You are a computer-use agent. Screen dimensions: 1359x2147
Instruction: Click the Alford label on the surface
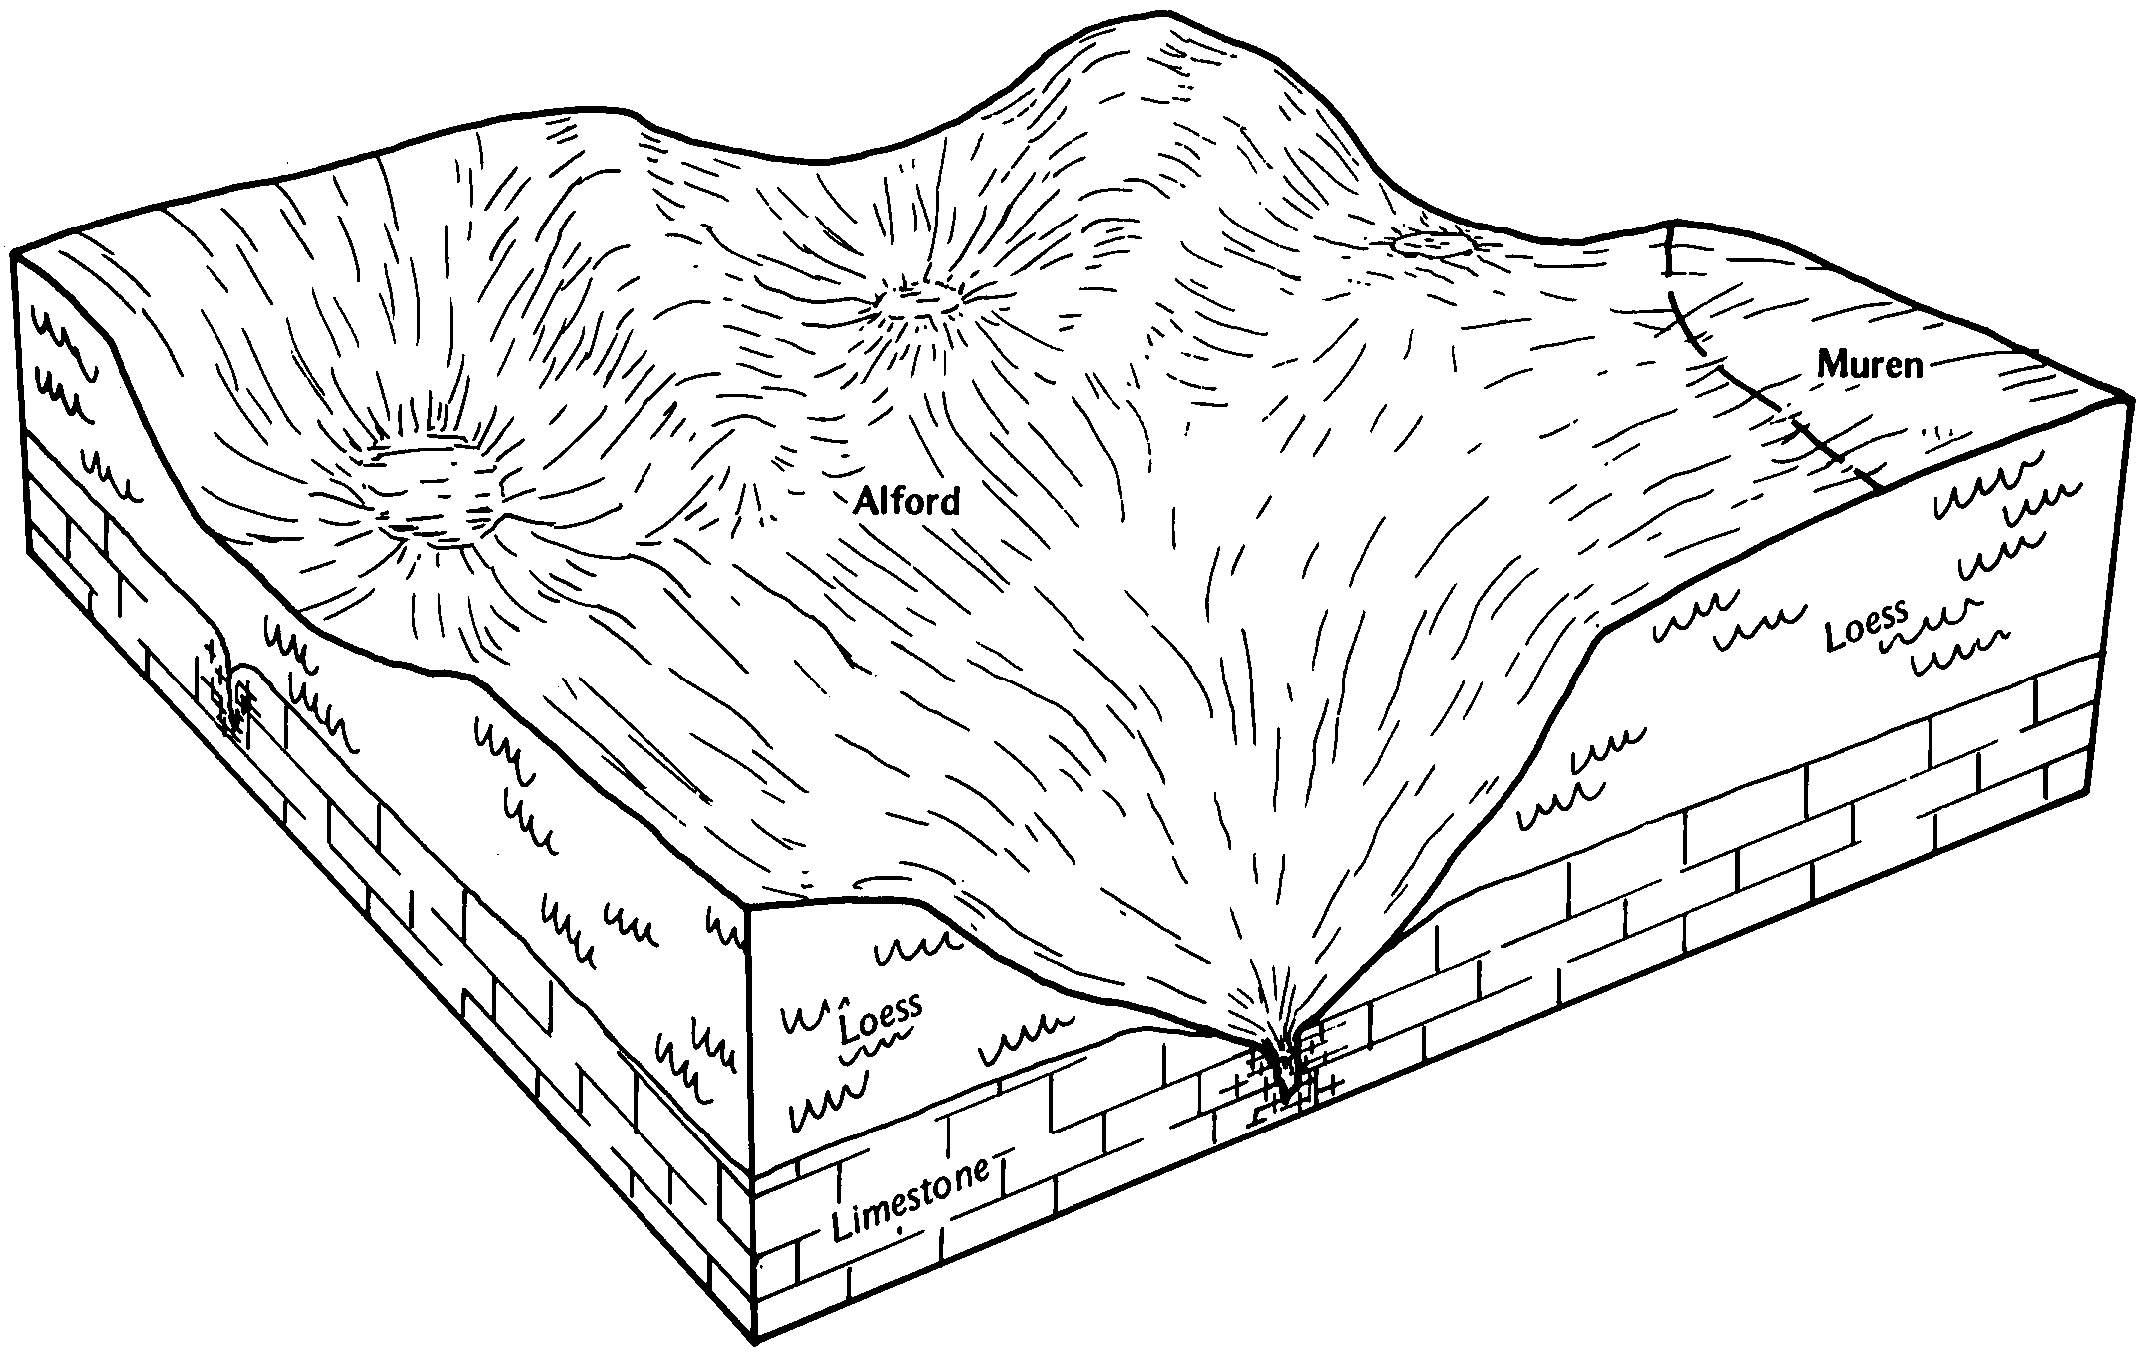point(906,501)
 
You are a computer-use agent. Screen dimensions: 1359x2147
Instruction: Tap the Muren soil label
point(1869,365)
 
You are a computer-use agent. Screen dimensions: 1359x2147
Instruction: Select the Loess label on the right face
point(1866,623)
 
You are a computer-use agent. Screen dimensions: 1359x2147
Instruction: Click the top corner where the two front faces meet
point(748,910)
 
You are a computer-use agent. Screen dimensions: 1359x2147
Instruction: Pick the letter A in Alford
point(865,502)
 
